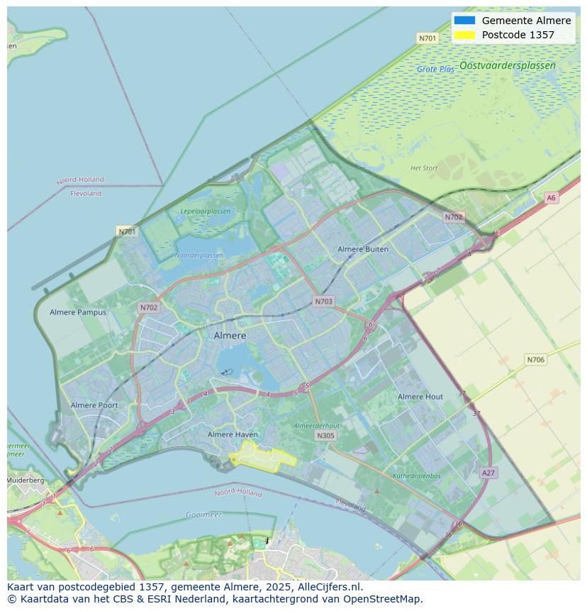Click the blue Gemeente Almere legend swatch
[465, 21]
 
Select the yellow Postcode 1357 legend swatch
[465, 35]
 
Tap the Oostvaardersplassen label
[507, 65]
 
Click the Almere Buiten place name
[363, 249]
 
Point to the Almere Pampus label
[78, 312]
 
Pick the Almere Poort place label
[94, 405]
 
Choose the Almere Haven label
[233, 434]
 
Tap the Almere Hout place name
[420, 397]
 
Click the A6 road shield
[552, 198]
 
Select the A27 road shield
[488, 473]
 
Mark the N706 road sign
[536, 360]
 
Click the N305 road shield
[325, 436]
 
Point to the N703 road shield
[323, 302]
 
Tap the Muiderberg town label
[26, 480]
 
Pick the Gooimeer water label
[203, 514]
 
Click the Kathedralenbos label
[417, 476]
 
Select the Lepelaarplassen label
[206, 211]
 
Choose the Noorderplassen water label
[199, 255]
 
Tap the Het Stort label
[424, 168]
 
